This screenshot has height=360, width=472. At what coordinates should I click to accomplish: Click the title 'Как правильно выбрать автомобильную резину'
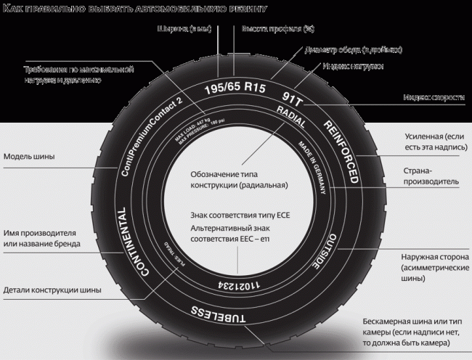pos(135,9)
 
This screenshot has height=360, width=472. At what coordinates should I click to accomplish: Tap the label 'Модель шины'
pos(28,156)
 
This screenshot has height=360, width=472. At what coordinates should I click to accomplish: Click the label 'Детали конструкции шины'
pos(52,290)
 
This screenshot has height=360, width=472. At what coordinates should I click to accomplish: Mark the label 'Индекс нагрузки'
pos(353,66)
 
